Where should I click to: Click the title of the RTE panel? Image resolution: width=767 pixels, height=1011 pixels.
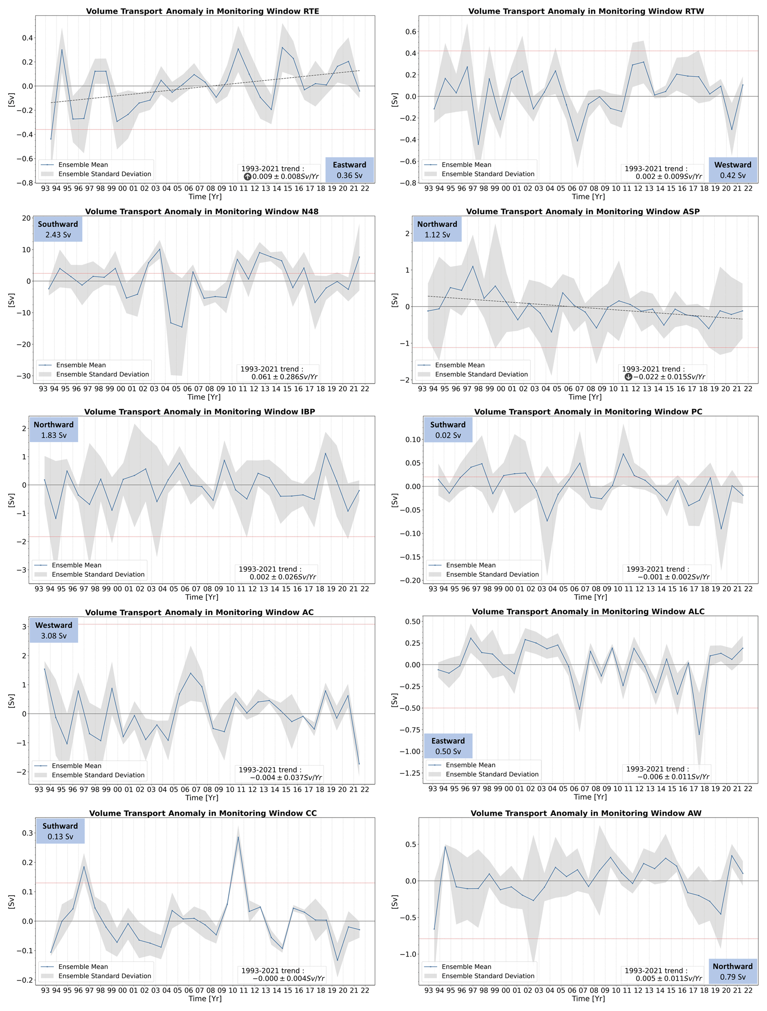click(x=202, y=11)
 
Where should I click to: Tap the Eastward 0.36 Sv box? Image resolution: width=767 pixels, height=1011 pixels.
click(x=349, y=170)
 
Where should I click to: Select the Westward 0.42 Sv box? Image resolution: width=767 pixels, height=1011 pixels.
click(x=733, y=170)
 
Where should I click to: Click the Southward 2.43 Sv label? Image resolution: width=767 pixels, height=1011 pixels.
click(x=58, y=229)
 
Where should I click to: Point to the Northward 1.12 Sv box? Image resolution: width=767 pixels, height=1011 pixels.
click(x=437, y=229)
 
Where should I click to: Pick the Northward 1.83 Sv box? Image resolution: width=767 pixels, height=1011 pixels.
click(x=54, y=430)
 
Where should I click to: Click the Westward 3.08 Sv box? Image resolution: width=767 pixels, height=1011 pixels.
click(x=54, y=630)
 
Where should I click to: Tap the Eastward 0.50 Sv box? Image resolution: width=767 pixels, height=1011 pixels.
click(x=447, y=746)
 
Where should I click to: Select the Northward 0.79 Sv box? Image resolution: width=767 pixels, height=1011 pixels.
click(x=733, y=971)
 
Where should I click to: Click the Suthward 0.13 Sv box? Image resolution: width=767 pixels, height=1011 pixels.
click(x=60, y=831)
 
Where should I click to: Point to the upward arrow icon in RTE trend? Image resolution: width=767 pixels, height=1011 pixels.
click(x=248, y=176)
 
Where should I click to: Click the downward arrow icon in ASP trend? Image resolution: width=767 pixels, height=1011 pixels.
click(x=628, y=377)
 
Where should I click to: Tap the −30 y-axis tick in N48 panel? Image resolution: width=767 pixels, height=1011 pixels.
click(x=23, y=376)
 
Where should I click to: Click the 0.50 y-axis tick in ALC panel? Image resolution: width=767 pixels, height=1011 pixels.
click(x=413, y=622)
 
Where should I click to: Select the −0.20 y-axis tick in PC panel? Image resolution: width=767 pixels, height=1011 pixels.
click(x=410, y=580)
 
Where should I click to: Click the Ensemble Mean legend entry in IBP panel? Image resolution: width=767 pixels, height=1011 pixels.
click(x=76, y=565)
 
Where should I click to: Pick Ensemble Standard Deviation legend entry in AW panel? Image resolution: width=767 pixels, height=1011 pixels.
click(x=488, y=976)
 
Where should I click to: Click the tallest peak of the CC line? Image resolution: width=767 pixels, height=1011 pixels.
click(x=238, y=838)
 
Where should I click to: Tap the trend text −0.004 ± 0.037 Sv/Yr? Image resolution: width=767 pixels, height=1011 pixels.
click(x=286, y=778)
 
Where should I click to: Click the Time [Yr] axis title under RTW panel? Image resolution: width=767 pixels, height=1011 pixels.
click(x=588, y=197)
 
